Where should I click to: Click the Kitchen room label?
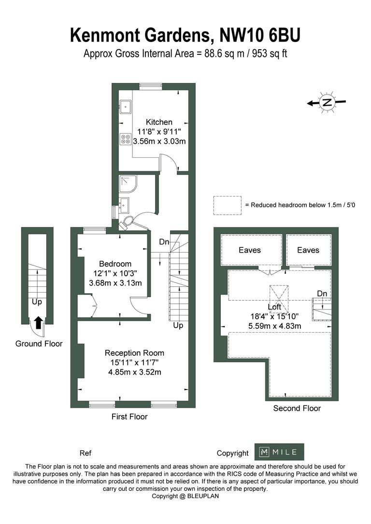pos(159,122)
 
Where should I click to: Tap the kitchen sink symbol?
pos(126,107)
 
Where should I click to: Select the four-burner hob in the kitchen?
pos(126,139)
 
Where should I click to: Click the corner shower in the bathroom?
pos(128,184)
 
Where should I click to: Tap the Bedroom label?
pos(115,264)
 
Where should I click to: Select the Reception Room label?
pos(134,353)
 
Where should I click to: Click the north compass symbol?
pos(327,102)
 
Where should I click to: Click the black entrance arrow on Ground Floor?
pos(38,322)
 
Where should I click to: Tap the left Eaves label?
pos(250,250)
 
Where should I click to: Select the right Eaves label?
pos(308,250)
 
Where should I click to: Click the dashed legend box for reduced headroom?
pos(228,205)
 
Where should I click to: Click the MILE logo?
pos(279,452)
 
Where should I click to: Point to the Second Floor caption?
pos(297,408)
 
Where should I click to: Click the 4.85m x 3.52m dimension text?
pos(135,372)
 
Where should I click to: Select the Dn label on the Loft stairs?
pos(322,294)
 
